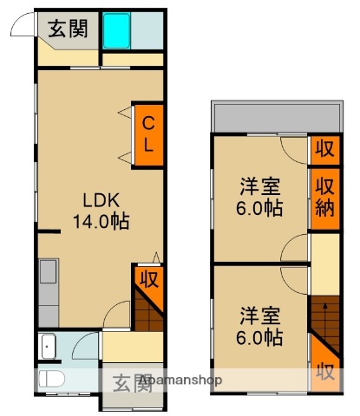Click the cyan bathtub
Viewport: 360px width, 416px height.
coord(117,31)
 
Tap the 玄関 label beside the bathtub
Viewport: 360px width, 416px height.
coord(67,29)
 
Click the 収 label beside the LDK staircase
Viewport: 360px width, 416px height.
coord(148,281)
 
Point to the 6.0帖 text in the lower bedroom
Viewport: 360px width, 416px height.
coord(261,336)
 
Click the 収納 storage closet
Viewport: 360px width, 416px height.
coord(325,198)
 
